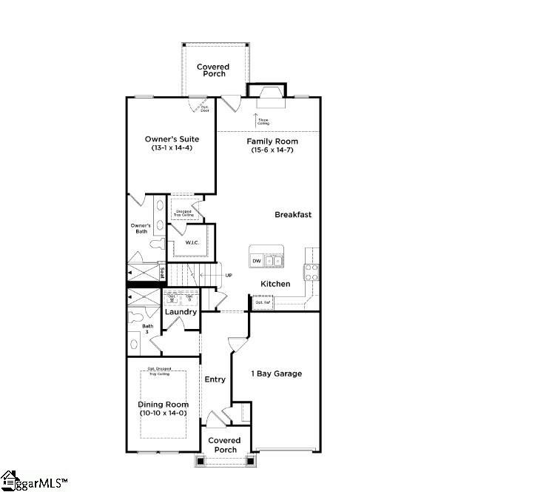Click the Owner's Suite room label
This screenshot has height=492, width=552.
[x=171, y=139]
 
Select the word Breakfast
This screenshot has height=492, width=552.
[x=293, y=215]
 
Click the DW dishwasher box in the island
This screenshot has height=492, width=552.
[x=257, y=261]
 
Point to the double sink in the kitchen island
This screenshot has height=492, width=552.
[x=274, y=261]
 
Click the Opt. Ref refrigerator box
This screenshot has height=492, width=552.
[x=263, y=302]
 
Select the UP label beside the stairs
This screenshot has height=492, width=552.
[x=229, y=276]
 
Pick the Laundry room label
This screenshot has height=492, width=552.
[x=181, y=312]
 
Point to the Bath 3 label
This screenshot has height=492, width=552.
[x=148, y=329]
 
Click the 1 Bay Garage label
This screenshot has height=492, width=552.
[x=276, y=373]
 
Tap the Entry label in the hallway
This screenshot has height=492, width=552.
[x=215, y=379]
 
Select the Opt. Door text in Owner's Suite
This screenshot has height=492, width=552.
[x=205, y=108]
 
